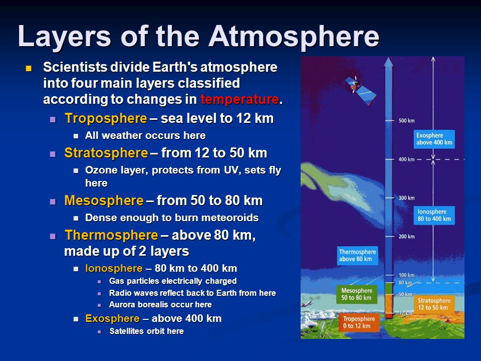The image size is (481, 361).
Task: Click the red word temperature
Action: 239,99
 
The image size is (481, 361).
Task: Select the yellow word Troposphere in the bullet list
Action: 106,118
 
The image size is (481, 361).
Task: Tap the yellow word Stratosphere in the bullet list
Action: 106,153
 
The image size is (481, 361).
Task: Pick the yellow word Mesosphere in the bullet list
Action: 104,201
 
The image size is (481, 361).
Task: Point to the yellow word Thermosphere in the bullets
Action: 111,235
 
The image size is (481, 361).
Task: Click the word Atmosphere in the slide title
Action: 294,36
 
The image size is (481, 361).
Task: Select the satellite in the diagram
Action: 360,90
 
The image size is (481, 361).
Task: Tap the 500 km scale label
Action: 406,121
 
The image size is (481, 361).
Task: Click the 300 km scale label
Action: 406,198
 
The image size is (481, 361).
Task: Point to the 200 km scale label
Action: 406,236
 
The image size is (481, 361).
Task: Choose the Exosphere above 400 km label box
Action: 434,139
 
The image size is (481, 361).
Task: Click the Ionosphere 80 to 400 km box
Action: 434,215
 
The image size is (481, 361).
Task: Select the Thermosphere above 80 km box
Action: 357,255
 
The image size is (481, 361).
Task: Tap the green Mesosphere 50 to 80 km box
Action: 356,294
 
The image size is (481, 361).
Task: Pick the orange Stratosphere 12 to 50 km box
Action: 434,304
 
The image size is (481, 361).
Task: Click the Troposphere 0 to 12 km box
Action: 359,322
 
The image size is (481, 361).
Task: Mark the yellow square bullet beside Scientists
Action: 29,68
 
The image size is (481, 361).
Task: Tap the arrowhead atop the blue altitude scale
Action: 388,62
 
